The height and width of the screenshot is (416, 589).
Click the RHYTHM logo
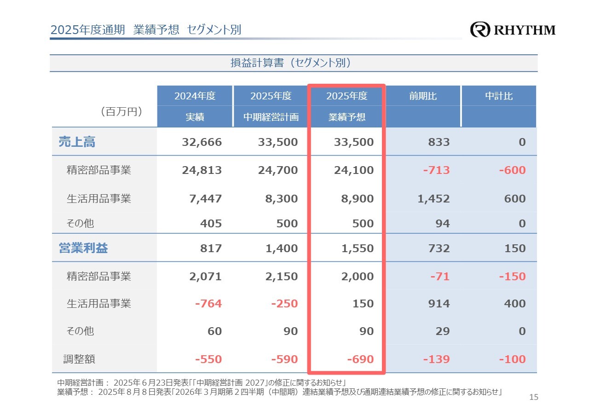[513, 30]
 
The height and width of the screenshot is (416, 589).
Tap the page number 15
[534, 397]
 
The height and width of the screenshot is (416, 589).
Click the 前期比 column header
[423, 97]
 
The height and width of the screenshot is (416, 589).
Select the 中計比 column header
[499, 97]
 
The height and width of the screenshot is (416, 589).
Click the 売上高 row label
[77, 142]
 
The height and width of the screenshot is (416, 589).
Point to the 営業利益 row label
[83, 248]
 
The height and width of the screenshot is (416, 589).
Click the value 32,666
[202, 142]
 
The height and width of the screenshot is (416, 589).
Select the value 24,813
[202, 170]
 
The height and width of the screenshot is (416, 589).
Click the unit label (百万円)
[121, 112]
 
